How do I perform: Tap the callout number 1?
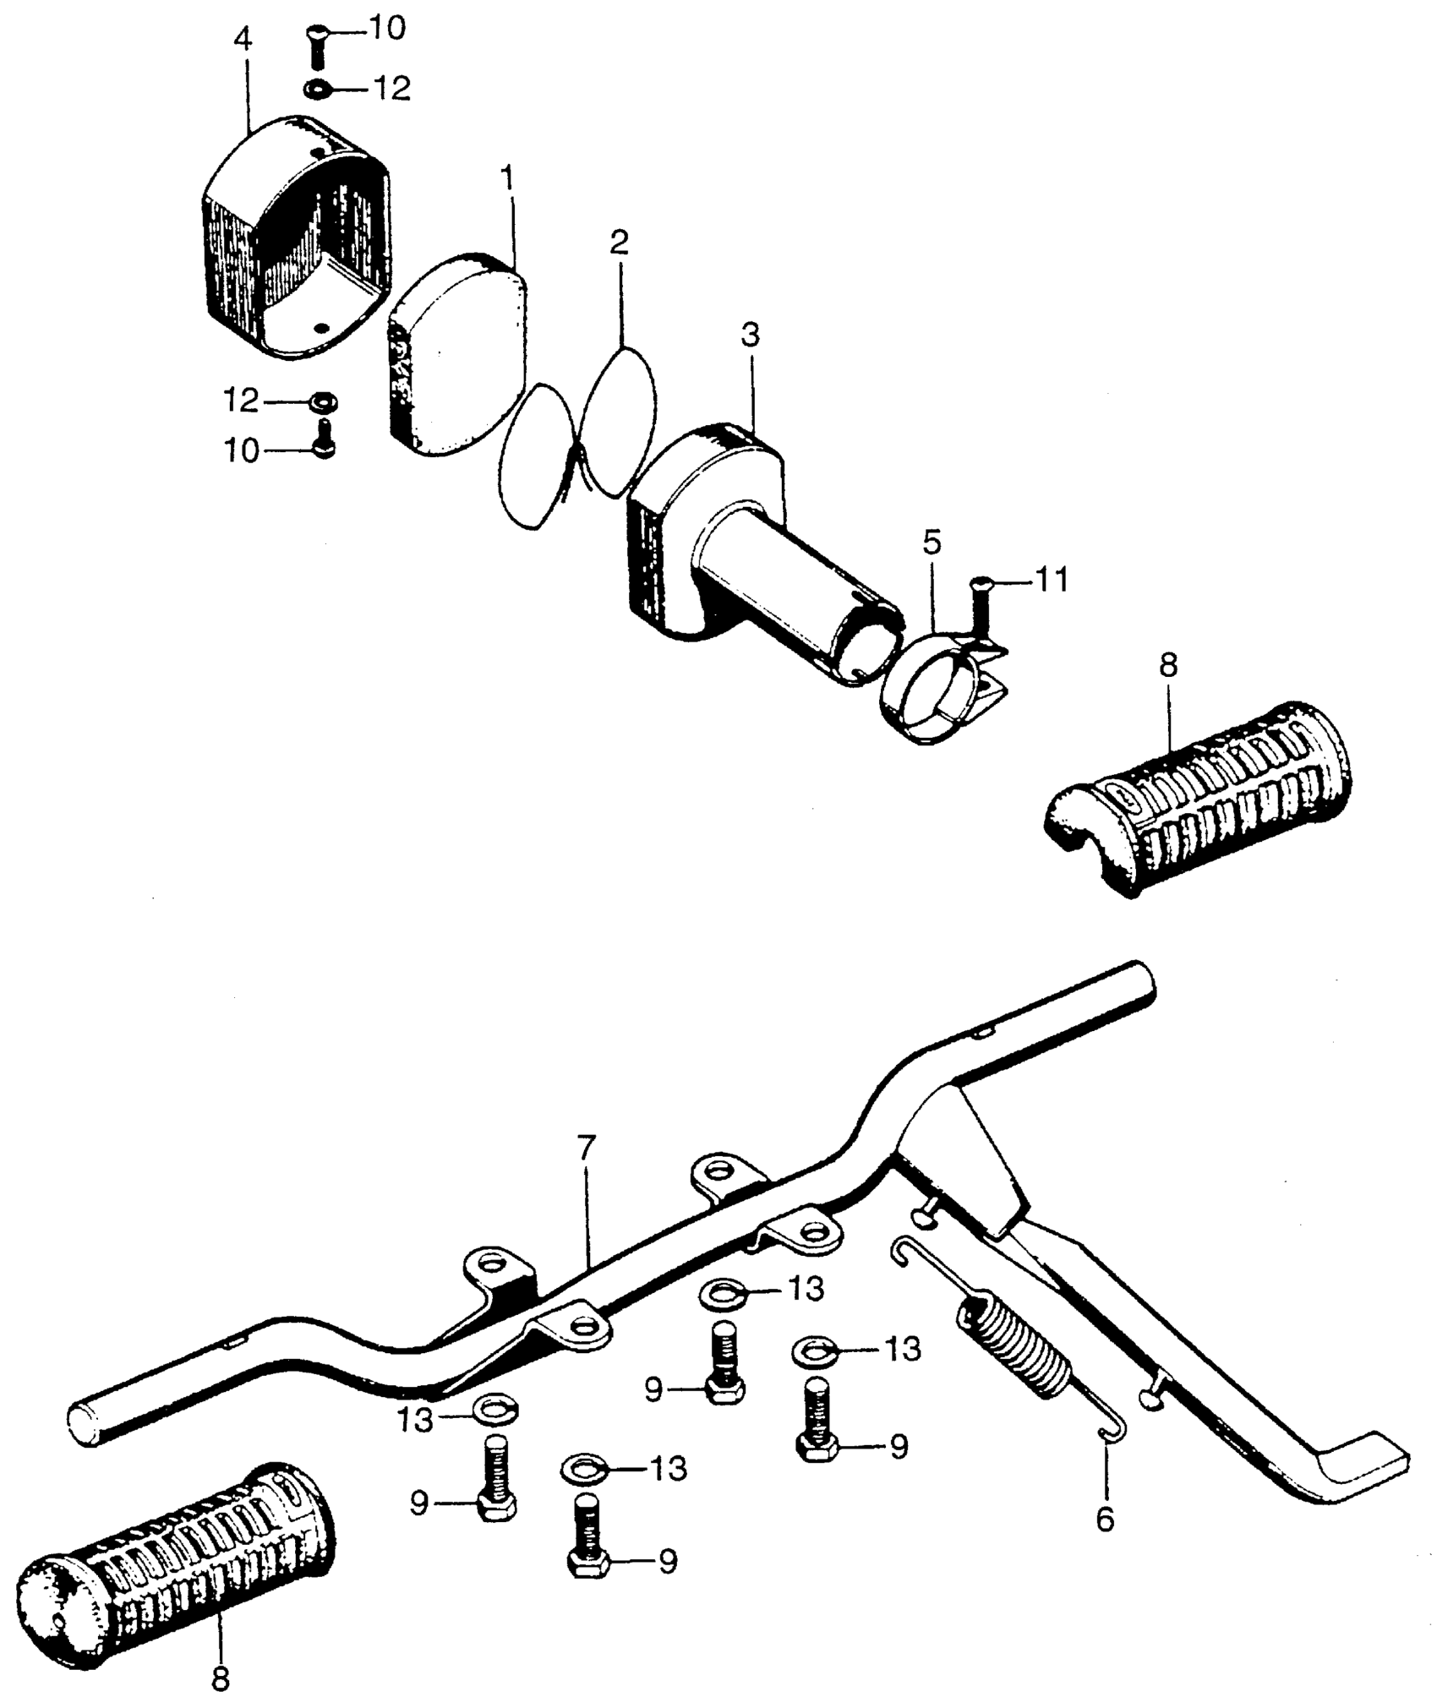pyautogui.click(x=507, y=178)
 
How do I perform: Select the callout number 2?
pyautogui.click(x=620, y=243)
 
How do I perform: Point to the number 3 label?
pyautogui.click(x=751, y=336)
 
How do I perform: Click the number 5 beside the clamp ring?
pyautogui.click(x=932, y=542)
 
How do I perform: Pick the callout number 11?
pyautogui.click(x=1052, y=581)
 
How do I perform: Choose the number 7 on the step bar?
pyautogui.click(x=587, y=1149)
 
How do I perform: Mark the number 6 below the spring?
pyautogui.click(x=1105, y=1519)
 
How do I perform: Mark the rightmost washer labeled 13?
pyautogui.click(x=816, y=1350)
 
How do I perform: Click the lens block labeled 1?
pyautogui.click(x=456, y=355)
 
